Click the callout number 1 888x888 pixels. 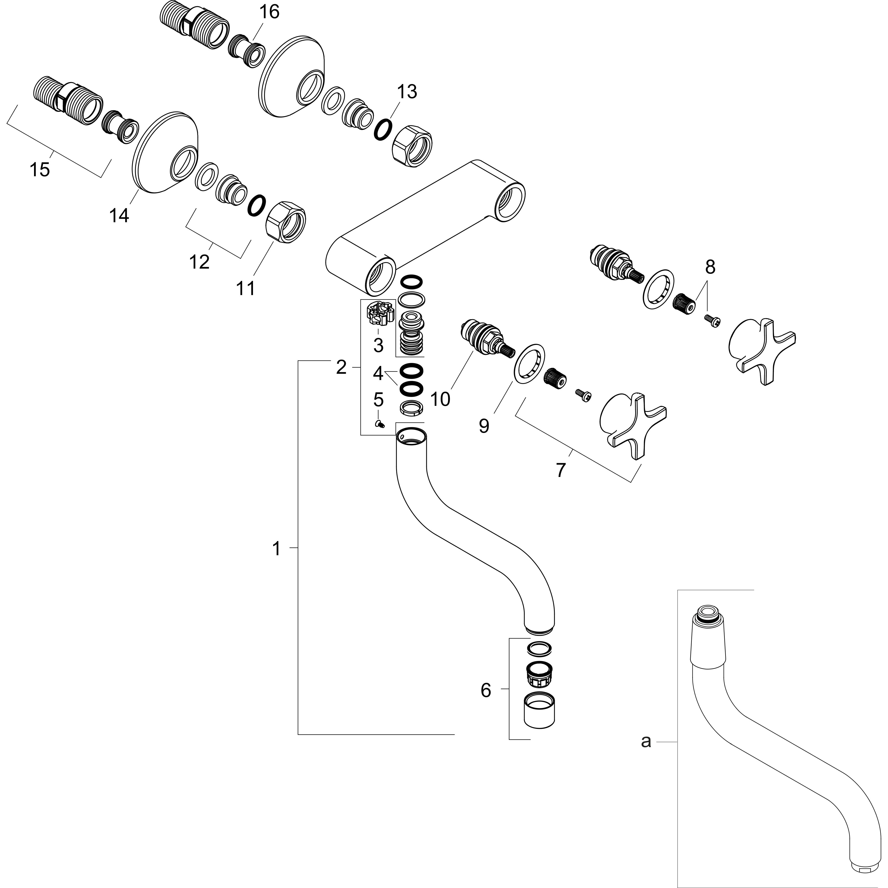pos(276,548)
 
